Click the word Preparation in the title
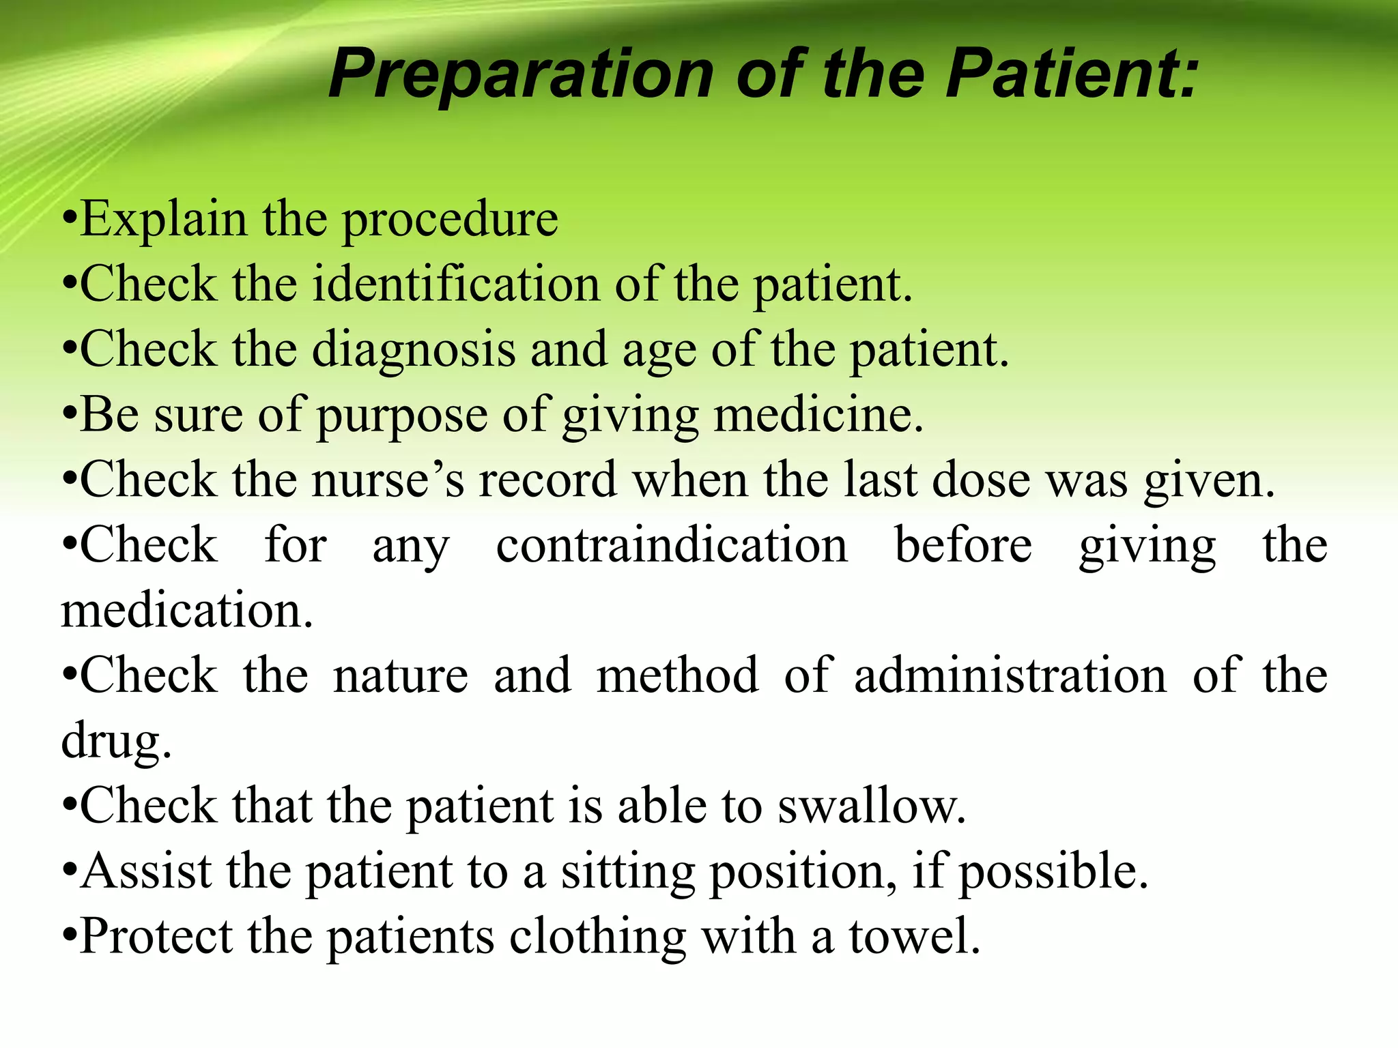[x=521, y=75]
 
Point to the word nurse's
[x=388, y=479]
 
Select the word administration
[x=1010, y=675]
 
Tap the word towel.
[x=915, y=935]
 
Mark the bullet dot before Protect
[x=68, y=936]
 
